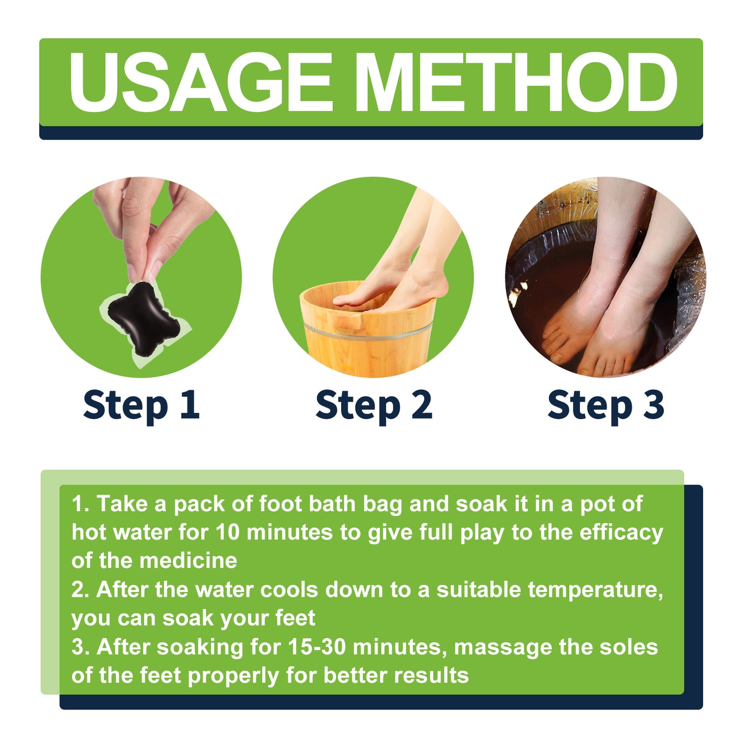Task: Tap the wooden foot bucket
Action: click(x=366, y=335)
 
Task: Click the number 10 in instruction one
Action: click(x=227, y=533)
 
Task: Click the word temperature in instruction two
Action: click(x=595, y=590)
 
